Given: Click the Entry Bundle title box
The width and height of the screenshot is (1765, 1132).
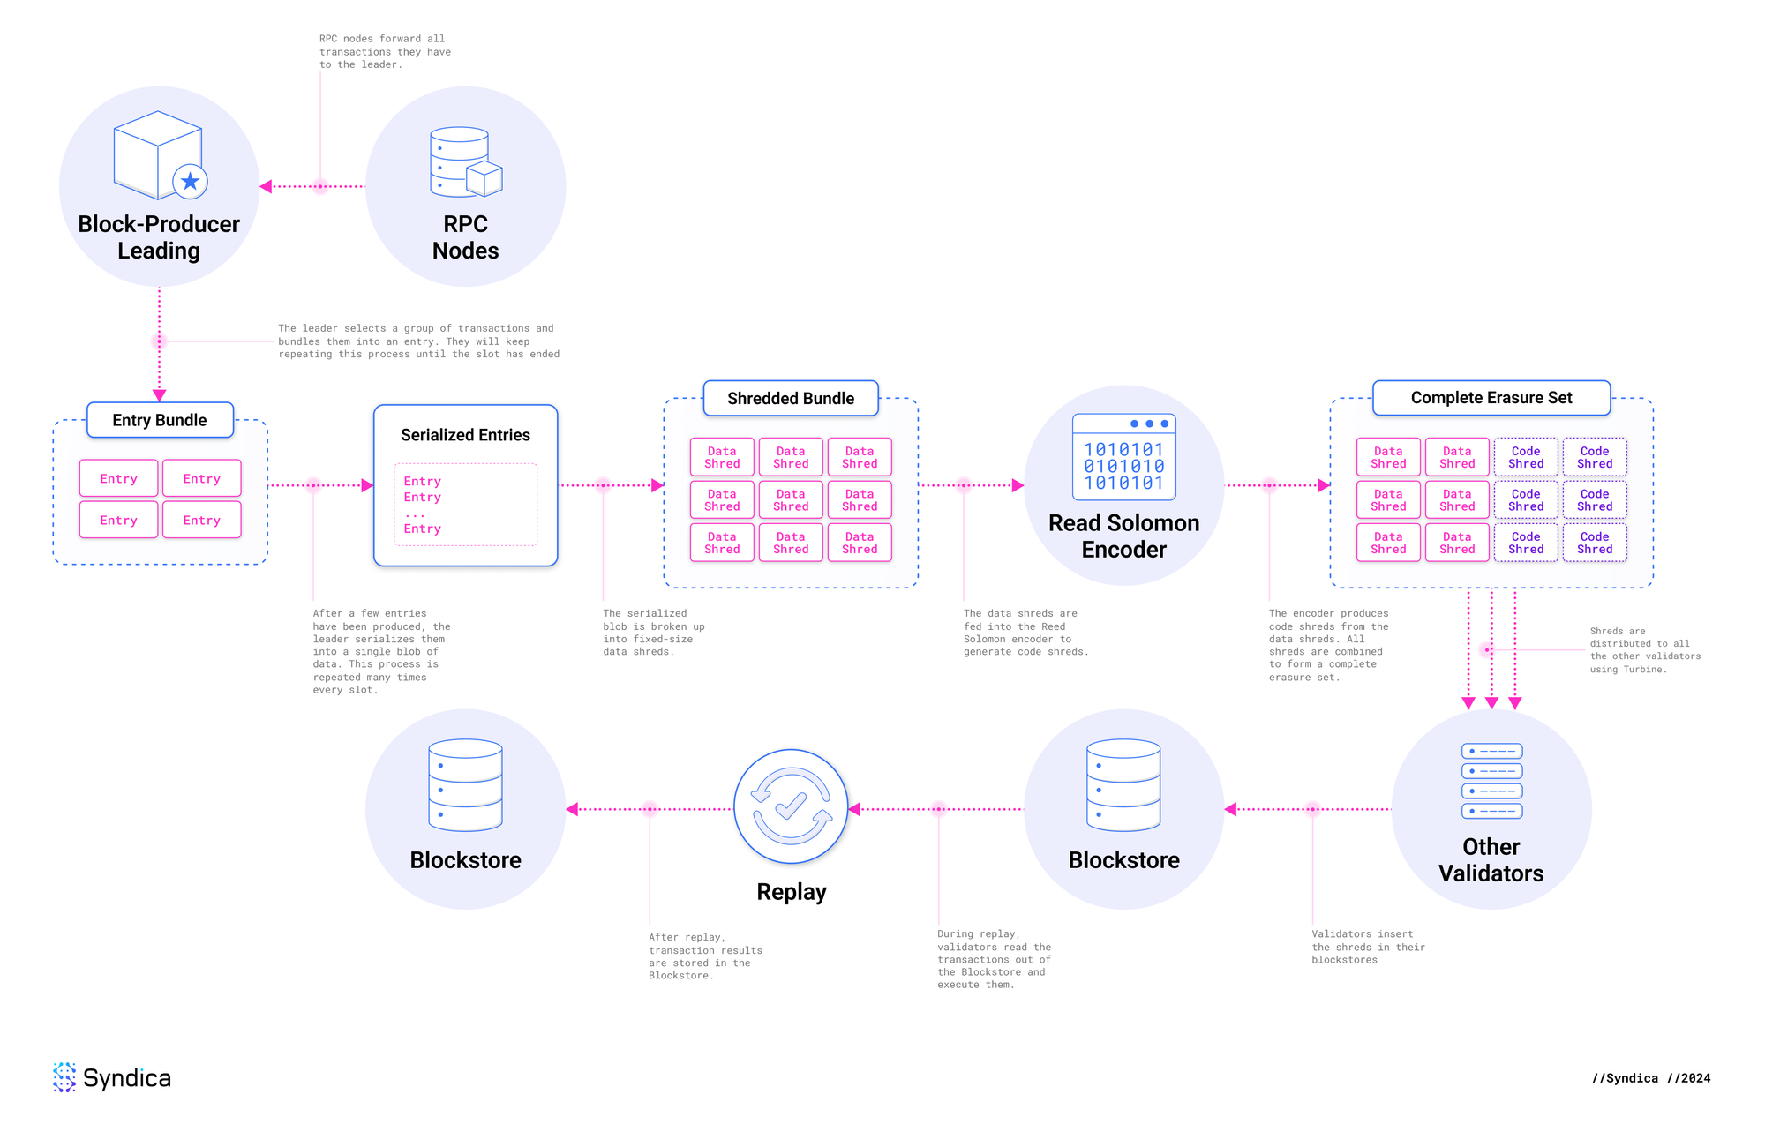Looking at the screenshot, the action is pyautogui.click(x=160, y=420).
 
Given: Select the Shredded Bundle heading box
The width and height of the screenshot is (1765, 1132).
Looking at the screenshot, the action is pyautogui.click(x=791, y=398).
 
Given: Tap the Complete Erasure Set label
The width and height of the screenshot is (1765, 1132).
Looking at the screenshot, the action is pyautogui.click(x=1491, y=398).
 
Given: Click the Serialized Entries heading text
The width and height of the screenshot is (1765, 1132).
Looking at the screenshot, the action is pyautogui.click(x=465, y=435).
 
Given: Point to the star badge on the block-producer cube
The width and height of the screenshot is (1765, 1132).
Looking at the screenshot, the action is pyautogui.click(x=190, y=182).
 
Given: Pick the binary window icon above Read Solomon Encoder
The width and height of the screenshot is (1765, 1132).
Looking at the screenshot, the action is pyautogui.click(x=1124, y=457).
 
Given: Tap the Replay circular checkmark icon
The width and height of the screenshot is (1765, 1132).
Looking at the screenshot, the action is pyautogui.click(x=791, y=806).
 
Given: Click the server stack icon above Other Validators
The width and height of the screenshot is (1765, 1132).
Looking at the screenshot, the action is pyautogui.click(x=1491, y=781).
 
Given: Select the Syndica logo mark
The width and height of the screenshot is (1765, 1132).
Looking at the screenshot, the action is pyautogui.click(x=64, y=1077).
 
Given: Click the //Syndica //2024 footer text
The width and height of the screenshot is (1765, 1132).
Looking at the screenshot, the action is pyautogui.click(x=1651, y=1078).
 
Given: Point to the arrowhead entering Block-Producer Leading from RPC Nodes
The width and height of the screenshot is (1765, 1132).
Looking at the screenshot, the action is pyautogui.click(x=266, y=186).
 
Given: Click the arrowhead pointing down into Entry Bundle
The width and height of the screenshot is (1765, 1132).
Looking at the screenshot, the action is pyautogui.click(x=159, y=396).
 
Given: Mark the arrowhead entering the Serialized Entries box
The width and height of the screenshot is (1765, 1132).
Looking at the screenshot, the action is pyautogui.click(x=368, y=485).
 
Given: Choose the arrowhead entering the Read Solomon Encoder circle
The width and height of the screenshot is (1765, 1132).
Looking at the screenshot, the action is pyautogui.click(x=1018, y=485).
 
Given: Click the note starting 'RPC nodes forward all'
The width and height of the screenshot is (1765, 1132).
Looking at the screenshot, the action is pyautogui.click(x=385, y=52).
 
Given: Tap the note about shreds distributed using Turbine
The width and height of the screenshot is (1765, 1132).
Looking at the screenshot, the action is pyautogui.click(x=1645, y=650).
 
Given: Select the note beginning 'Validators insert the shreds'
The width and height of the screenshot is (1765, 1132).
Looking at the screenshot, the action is pyautogui.click(x=1368, y=947).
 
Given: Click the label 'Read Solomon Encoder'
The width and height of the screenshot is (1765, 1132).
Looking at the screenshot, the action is pyautogui.click(x=1124, y=536).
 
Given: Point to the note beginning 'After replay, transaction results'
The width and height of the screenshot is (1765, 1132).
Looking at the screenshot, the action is pyautogui.click(x=705, y=956).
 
